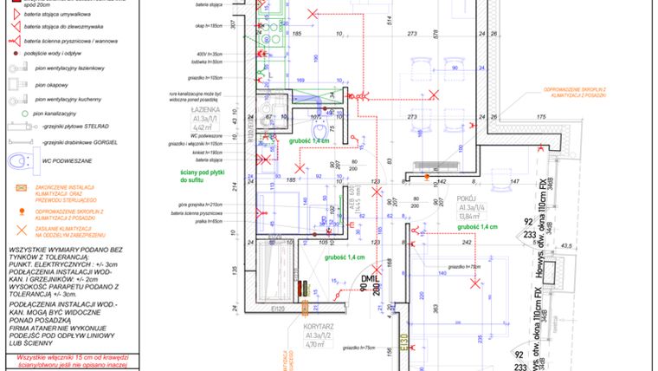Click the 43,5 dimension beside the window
[x=568, y=246]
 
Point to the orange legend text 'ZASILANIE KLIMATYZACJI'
[x=70, y=231]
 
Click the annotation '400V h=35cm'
[x=210, y=55]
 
